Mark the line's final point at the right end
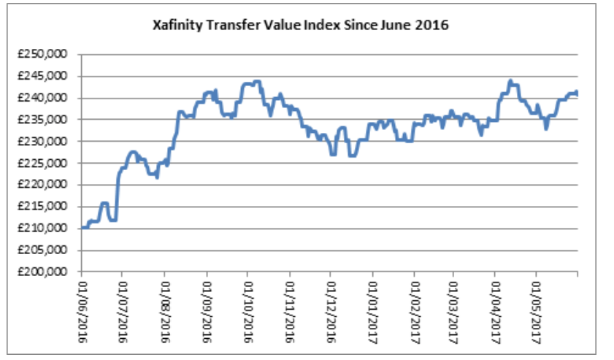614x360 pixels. click(577, 93)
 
